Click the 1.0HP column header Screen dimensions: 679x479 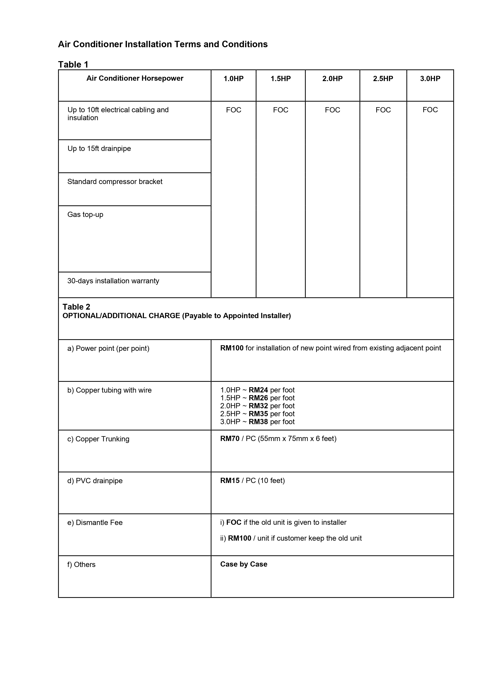(x=233, y=79)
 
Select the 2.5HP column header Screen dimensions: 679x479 (x=383, y=79)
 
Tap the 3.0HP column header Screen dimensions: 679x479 (x=430, y=79)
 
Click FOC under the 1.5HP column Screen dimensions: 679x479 (x=280, y=110)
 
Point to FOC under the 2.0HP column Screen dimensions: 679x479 (x=332, y=110)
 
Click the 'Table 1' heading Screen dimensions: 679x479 (x=73, y=64)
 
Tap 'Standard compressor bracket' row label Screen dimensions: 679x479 (x=115, y=182)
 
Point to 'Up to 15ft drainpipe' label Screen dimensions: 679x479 (x=99, y=148)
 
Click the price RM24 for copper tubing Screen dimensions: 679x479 (x=258, y=390)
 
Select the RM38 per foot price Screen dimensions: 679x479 (x=258, y=422)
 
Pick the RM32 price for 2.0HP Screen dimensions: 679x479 (x=258, y=406)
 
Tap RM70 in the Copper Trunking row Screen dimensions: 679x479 (x=230, y=438)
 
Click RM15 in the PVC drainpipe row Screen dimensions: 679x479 (x=230, y=481)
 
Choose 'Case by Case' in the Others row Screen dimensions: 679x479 (x=243, y=564)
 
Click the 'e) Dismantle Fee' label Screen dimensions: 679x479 (x=95, y=523)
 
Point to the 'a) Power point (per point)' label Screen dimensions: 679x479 (x=108, y=348)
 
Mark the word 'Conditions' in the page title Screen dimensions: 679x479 (x=244, y=44)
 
